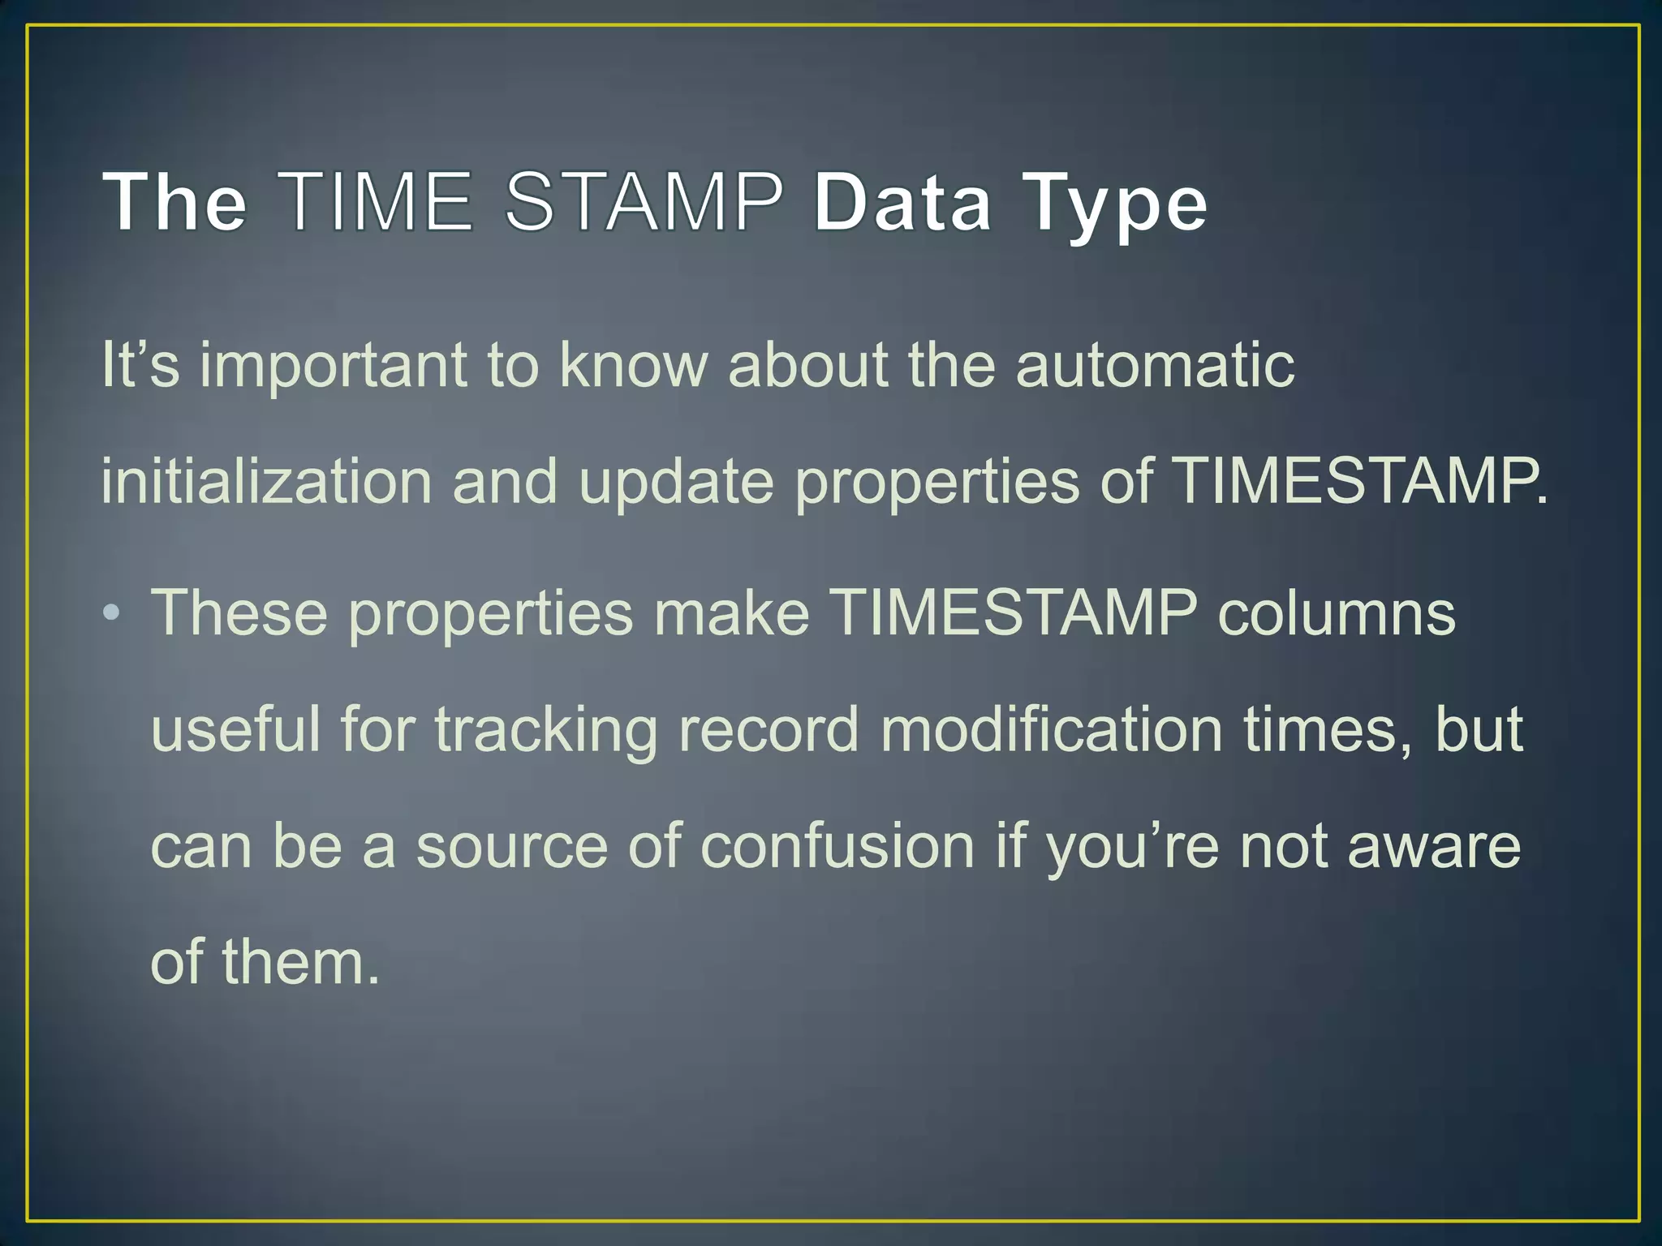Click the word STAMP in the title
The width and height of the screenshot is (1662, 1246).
click(x=644, y=201)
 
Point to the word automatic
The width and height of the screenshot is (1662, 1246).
click(x=1155, y=365)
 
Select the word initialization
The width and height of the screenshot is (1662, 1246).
click(x=266, y=482)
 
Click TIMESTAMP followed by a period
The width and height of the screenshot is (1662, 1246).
click(x=1360, y=482)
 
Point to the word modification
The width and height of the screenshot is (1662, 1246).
click(x=1051, y=728)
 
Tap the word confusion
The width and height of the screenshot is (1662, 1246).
click(x=837, y=845)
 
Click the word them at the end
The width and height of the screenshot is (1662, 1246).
click(x=300, y=962)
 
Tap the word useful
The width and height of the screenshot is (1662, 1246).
click(x=235, y=728)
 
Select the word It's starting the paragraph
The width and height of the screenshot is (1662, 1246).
click(x=140, y=365)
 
